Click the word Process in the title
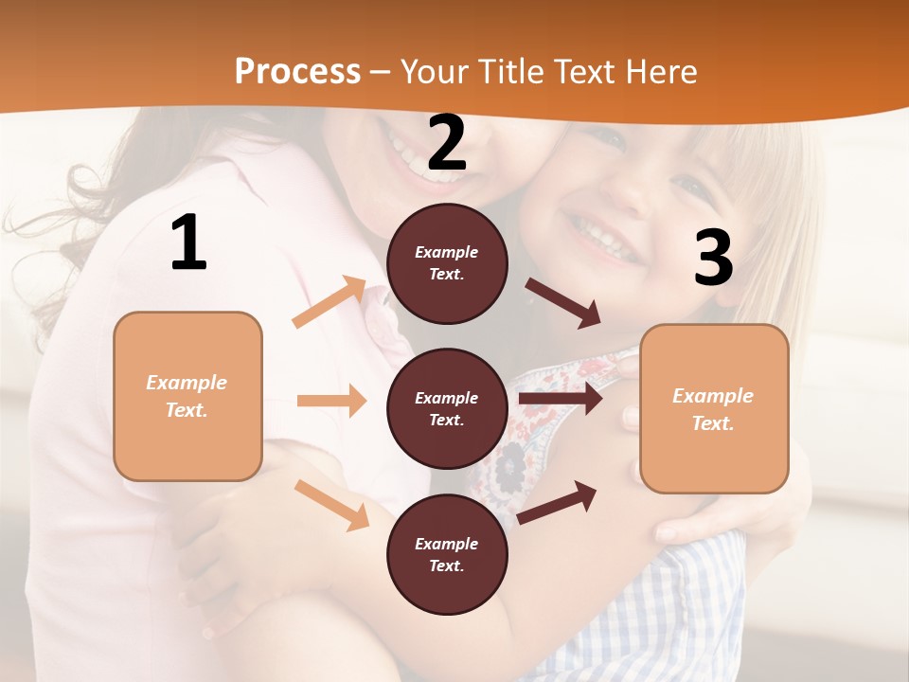[297, 72]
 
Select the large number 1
[188, 242]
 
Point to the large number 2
[447, 143]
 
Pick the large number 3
[713, 259]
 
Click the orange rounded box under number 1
[187, 396]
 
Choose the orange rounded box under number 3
[714, 408]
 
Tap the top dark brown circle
[447, 263]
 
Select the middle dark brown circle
[447, 408]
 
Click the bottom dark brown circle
[447, 554]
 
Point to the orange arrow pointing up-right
[330, 302]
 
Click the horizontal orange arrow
[331, 401]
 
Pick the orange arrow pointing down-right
[331, 505]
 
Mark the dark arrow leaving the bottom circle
[557, 502]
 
